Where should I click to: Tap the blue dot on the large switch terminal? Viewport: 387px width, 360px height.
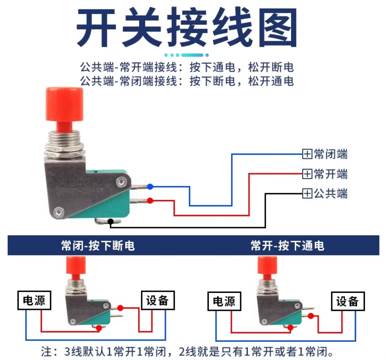tap(150, 187)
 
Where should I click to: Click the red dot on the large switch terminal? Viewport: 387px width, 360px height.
tap(150, 200)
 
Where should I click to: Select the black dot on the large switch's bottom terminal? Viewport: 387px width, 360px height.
tap(111, 222)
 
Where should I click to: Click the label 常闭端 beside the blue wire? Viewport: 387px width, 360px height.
tap(331, 154)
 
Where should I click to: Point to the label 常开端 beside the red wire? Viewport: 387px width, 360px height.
tap(331, 174)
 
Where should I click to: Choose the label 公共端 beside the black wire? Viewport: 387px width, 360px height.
tap(331, 193)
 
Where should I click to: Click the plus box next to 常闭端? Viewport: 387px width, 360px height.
tap(307, 154)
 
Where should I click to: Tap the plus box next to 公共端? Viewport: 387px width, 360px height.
tap(307, 193)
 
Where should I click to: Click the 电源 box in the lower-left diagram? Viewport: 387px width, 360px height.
tap(34, 300)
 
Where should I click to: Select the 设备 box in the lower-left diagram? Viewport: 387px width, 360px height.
tap(158, 300)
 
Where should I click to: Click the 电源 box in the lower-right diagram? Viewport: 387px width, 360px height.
tap(224, 301)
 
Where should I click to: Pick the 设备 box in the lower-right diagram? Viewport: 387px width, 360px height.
tap(348, 301)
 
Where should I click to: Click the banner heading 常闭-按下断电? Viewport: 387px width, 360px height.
tap(98, 245)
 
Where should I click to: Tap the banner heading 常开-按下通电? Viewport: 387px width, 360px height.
tap(288, 245)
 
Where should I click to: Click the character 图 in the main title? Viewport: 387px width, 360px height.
tap(278, 27)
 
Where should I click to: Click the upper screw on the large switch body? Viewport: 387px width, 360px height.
tap(121, 182)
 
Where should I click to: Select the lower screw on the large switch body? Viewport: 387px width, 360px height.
tap(59, 212)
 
